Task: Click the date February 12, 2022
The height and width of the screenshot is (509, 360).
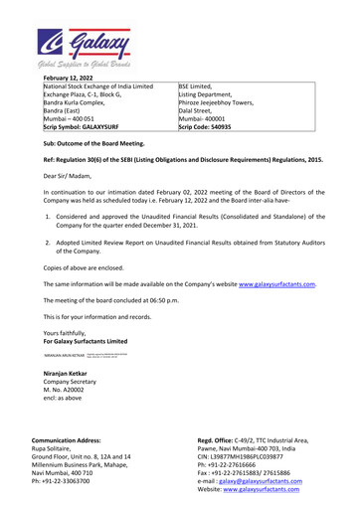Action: point(74,88)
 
